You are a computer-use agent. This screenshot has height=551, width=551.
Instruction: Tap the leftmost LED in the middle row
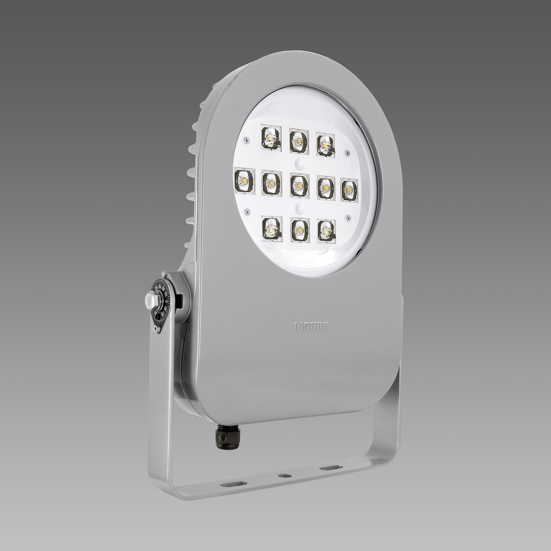(x=243, y=181)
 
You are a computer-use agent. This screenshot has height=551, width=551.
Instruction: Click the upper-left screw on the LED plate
(x=246, y=139)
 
